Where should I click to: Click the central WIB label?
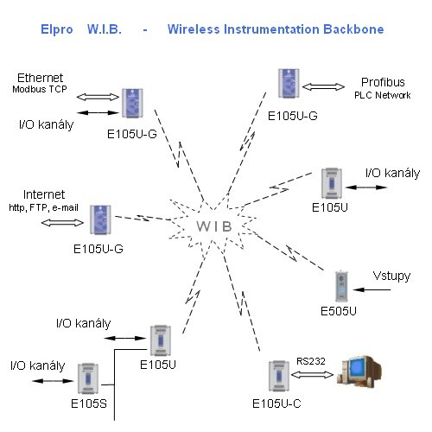[214, 226]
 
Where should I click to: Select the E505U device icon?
[341, 286]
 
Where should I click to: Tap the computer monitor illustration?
[359, 372]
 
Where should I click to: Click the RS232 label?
[311, 361]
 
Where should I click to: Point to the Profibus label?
[383, 82]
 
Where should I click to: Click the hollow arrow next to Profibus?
[323, 86]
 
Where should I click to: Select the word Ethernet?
[40, 78]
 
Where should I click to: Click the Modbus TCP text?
[40, 89]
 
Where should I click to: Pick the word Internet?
[44, 194]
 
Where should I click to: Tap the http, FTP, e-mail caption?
[43, 207]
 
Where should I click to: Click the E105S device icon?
[88, 378]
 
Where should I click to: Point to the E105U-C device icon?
[279, 376]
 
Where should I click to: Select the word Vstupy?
[391, 276]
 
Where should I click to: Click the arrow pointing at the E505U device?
[372, 289]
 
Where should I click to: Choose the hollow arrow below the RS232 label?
[312, 375]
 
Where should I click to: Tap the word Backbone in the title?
[353, 29]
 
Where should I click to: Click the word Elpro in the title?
[57, 29]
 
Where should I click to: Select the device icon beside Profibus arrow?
[289, 83]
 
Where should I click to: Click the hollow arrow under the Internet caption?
[62, 223]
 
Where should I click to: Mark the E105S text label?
[89, 403]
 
